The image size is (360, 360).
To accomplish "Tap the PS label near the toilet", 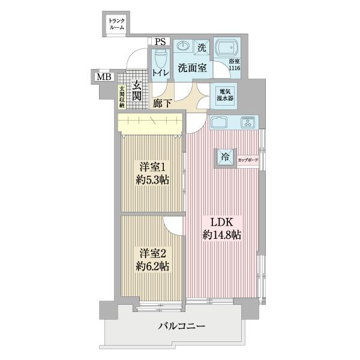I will [x=160, y=42].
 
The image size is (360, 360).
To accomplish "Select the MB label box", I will [x=104, y=77].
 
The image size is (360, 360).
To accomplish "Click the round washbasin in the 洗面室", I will [x=183, y=47].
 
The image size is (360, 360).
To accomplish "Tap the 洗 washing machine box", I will [x=202, y=47].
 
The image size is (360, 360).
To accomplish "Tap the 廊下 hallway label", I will [x=161, y=103].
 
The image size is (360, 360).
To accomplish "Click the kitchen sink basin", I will [x=218, y=122].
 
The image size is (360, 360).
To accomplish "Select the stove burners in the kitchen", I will [x=248, y=122].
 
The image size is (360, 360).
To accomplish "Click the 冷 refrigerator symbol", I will [x=226, y=158].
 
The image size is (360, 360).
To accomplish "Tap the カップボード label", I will [x=247, y=161].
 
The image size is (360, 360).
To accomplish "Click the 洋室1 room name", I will [x=151, y=167].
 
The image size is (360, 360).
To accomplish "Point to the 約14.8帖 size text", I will [x=222, y=235].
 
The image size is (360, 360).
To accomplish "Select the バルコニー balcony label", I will [x=182, y=327].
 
